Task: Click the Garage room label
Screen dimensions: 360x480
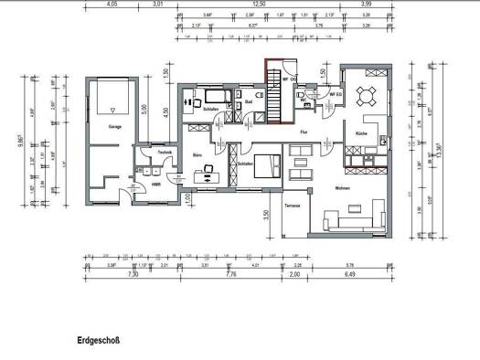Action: (x=114, y=127)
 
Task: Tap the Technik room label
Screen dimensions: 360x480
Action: (x=165, y=152)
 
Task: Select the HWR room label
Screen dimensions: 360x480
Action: (x=156, y=183)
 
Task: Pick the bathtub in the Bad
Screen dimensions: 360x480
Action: (x=218, y=95)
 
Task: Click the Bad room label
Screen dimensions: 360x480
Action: (x=249, y=101)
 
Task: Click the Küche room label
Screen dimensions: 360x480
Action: (x=362, y=133)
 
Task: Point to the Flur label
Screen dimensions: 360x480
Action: (x=305, y=132)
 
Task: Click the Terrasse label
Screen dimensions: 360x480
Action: (x=293, y=205)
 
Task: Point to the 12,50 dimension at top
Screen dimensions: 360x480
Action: (x=259, y=5)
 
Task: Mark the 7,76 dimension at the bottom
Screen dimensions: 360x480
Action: (x=230, y=273)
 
